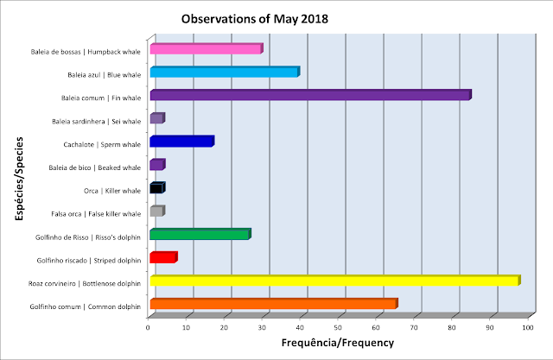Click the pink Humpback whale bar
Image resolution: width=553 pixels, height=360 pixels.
click(x=207, y=48)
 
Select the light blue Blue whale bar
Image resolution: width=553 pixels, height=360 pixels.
click(x=225, y=72)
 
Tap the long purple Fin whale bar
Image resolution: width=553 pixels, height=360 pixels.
click(x=311, y=95)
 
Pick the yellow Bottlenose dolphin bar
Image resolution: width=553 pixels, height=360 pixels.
click(x=335, y=281)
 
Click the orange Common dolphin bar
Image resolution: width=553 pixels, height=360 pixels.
click(x=274, y=304)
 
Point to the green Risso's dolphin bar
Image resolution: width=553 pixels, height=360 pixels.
click(x=200, y=234)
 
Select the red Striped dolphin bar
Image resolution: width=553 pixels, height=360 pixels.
click(x=163, y=257)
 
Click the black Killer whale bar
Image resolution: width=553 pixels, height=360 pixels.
click(x=157, y=187)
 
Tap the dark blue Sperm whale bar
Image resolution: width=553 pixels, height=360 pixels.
click(x=182, y=142)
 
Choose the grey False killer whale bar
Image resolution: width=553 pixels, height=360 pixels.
click(x=157, y=211)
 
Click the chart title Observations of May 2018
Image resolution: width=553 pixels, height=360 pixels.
click(x=255, y=19)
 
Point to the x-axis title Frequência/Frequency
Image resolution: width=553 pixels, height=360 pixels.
click(x=338, y=343)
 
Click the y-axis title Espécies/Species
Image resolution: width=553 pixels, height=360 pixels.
click(x=19, y=179)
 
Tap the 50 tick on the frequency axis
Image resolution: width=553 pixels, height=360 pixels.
click(x=338, y=327)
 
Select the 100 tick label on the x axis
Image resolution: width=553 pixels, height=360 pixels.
click(x=528, y=327)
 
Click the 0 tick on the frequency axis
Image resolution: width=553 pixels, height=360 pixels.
click(x=148, y=327)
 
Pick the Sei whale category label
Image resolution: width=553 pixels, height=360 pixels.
click(x=96, y=122)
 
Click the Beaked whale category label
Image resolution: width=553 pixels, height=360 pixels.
click(x=95, y=167)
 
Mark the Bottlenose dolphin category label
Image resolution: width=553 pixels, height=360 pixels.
click(x=85, y=283)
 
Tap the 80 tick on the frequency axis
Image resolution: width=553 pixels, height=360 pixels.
click(x=452, y=327)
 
